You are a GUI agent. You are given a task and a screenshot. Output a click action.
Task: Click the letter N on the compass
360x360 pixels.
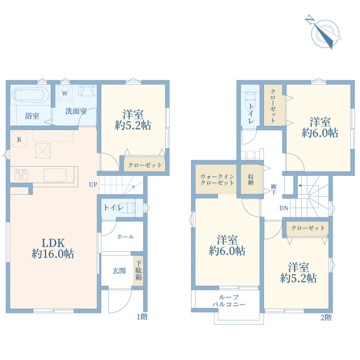[310, 20]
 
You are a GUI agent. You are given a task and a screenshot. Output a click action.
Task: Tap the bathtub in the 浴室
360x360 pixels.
[31, 95]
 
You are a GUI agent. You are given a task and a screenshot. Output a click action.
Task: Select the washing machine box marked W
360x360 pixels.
[65, 93]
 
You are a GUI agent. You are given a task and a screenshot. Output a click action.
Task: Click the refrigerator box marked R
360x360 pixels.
[19, 139]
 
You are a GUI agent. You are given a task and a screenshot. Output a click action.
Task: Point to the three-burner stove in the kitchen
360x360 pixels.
[21, 175]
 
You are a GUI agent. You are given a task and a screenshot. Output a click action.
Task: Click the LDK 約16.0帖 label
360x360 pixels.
[53, 248]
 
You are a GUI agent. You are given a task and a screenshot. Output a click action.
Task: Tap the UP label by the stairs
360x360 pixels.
[93, 184]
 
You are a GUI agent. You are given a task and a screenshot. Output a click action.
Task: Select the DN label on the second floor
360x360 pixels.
[284, 208]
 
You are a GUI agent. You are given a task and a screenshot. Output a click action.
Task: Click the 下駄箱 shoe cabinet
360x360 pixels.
[139, 271]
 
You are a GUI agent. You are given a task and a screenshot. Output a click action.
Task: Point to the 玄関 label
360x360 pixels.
[119, 271]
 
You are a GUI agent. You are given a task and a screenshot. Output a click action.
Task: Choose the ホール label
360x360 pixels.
[125, 236]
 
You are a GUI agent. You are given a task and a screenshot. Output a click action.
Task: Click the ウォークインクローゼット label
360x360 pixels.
[217, 180]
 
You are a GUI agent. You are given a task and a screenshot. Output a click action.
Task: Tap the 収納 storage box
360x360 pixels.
[251, 180]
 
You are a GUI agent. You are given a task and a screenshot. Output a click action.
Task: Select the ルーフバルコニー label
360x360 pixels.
[229, 301]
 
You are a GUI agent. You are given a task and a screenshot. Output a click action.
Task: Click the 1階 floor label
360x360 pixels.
[142, 317]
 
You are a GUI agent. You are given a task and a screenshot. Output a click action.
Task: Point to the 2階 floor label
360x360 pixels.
[326, 317]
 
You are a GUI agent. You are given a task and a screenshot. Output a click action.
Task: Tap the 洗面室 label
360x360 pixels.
[76, 111]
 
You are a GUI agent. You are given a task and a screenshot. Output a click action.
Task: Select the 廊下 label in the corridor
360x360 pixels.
[274, 189]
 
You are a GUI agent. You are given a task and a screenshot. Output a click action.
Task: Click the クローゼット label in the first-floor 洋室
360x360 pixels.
[145, 165]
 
